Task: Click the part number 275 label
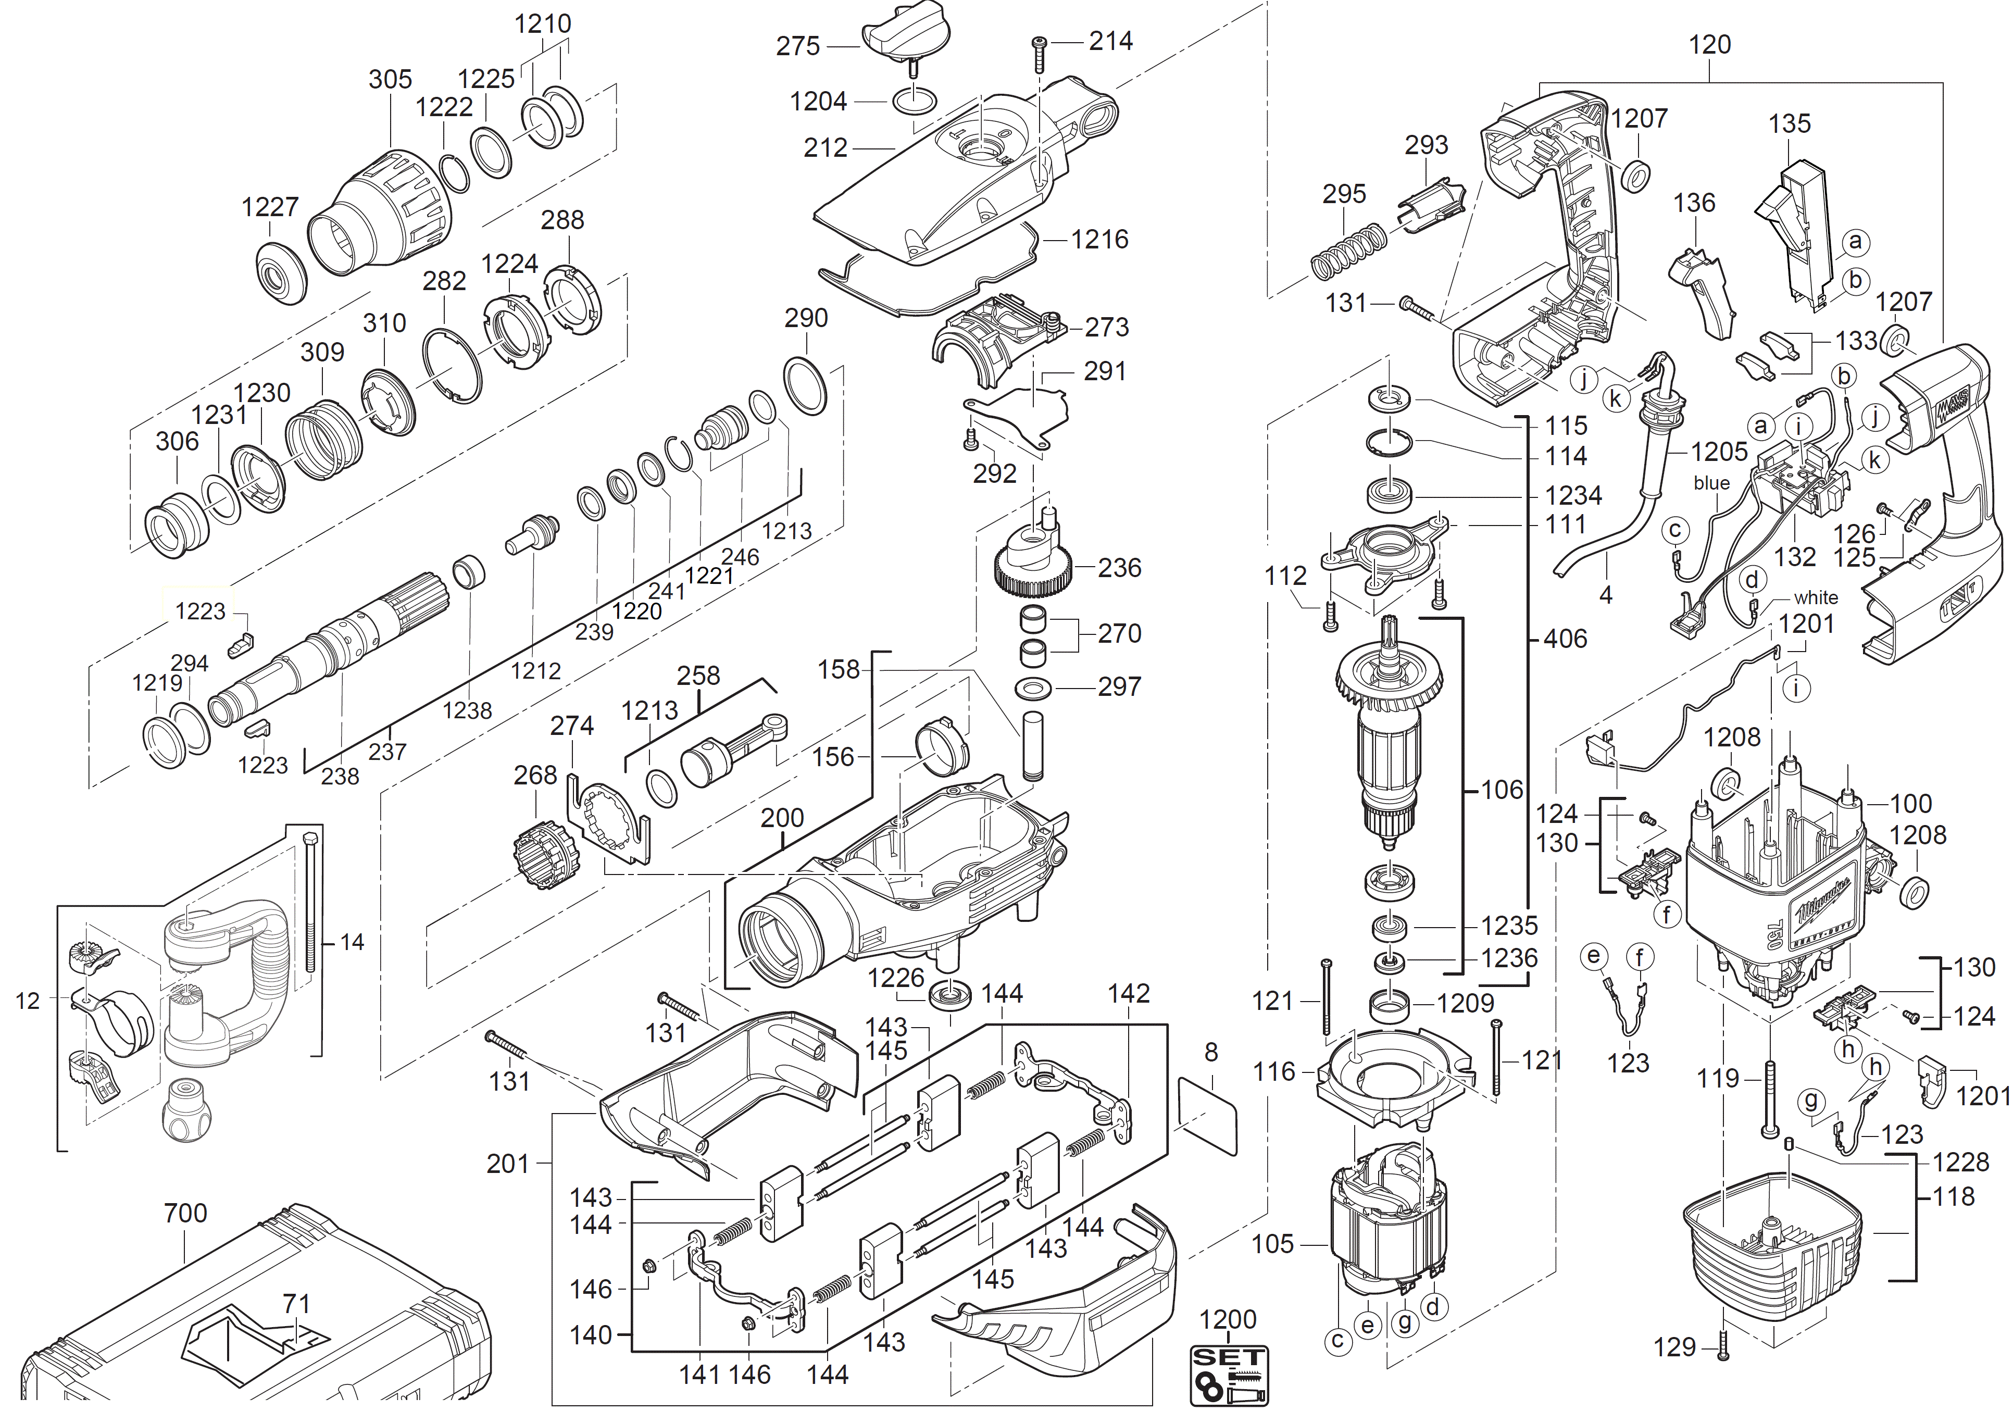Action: tap(797, 46)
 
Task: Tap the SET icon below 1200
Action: tap(1228, 1375)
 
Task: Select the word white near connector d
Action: tap(1815, 597)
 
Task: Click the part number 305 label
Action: tap(390, 79)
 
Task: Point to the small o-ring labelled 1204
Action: tap(912, 101)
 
